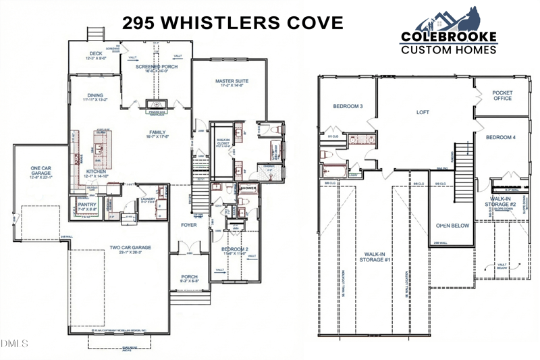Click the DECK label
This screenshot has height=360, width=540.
click(x=94, y=54)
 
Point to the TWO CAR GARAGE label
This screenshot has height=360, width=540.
click(x=130, y=247)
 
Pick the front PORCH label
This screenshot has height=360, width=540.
click(x=188, y=277)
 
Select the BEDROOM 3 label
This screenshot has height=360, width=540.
click(x=348, y=107)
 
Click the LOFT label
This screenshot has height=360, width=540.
click(x=423, y=113)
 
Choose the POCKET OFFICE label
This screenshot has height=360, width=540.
click(x=502, y=95)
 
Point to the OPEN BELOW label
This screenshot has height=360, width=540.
click(x=452, y=226)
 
